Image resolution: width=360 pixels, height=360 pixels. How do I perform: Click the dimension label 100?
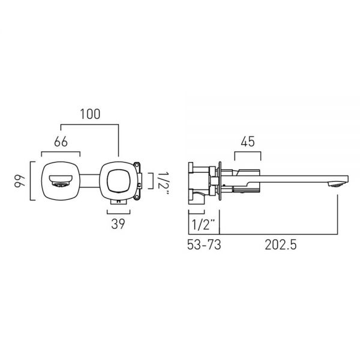click(90, 114)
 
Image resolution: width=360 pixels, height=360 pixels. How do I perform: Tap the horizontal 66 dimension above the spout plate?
click(61, 142)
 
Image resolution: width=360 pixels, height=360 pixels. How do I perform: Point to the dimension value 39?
click(118, 224)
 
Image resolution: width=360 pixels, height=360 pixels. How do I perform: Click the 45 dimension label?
click(248, 142)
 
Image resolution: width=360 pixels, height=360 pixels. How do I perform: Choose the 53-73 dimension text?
click(204, 245)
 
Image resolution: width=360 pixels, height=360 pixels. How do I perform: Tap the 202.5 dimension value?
click(281, 245)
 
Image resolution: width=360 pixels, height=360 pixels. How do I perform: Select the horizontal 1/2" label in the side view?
click(203, 225)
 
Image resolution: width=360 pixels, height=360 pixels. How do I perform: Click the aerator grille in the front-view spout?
click(60, 184)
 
